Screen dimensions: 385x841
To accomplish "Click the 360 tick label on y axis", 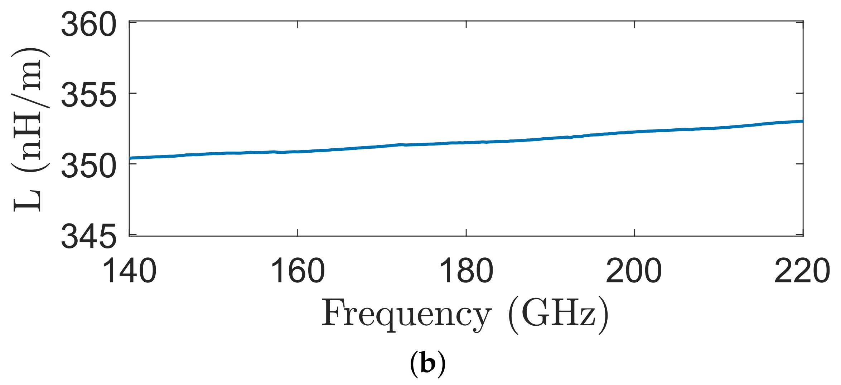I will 88,24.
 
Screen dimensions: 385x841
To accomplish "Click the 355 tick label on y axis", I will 88,95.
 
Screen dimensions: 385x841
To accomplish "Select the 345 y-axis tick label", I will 88,237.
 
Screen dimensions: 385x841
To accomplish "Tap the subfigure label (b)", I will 427,364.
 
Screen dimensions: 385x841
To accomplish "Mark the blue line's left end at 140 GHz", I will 130,158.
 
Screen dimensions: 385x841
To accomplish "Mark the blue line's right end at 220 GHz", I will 802,121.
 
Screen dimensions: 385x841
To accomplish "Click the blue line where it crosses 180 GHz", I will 466,142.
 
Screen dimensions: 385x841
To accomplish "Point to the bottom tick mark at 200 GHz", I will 634,232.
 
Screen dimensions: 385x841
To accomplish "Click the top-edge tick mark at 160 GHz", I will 298,25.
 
